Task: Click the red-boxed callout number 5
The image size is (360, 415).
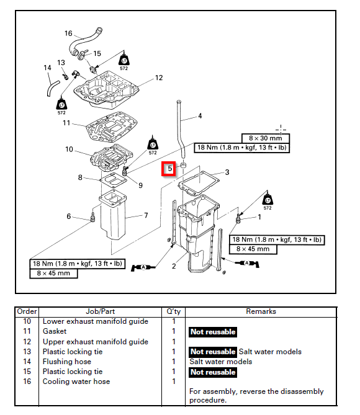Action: pos(169,169)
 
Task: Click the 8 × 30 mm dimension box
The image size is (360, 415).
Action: pos(266,138)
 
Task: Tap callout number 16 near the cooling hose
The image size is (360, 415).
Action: pos(68,33)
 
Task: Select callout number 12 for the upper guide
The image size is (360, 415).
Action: pos(159,78)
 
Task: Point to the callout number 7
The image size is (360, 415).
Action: pos(146,215)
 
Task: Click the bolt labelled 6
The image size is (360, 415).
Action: pos(92,216)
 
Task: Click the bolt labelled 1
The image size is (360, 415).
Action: pos(238,218)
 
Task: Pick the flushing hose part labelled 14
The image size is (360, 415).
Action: pos(53,89)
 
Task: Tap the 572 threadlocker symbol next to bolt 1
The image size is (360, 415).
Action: pos(268,200)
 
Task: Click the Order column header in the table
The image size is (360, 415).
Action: pos(27,311)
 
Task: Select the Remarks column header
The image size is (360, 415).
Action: pos(261,311)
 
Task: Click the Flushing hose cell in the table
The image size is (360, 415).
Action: pos(67,362)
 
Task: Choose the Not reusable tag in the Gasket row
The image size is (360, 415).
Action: pos(213,332)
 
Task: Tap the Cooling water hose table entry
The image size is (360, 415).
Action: pos(76,382)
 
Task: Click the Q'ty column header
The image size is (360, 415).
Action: pos(174,311)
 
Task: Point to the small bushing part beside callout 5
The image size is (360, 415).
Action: pos(183,166)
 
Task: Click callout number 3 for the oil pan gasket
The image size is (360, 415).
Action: pos(227,172)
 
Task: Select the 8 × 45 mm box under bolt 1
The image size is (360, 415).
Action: pos(253,249)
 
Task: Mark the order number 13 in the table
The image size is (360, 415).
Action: pos(27,352)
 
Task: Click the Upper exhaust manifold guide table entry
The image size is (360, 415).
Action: pos(96,342)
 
